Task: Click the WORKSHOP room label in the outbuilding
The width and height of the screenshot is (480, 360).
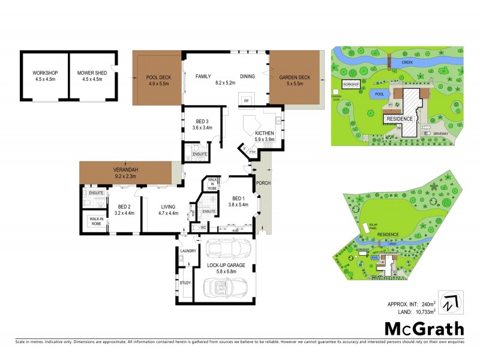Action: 44,73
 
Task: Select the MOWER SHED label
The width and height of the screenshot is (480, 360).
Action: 92,73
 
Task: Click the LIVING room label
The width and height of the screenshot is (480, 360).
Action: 168,207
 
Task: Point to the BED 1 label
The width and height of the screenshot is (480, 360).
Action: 238,199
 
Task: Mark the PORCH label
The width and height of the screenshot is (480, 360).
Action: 263,183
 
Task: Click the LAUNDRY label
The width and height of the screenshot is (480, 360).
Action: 187,251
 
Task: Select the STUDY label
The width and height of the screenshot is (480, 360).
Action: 185,282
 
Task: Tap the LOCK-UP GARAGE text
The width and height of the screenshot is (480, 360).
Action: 226,265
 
